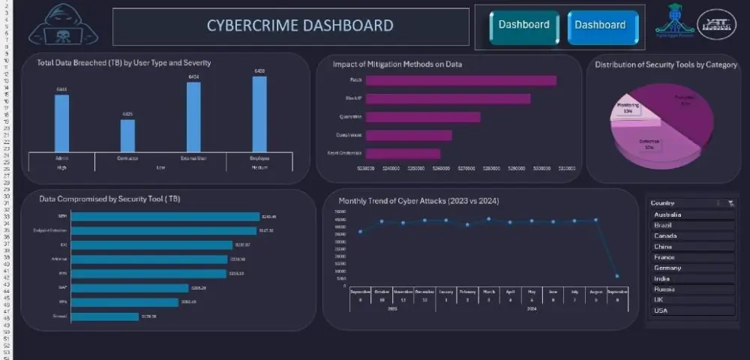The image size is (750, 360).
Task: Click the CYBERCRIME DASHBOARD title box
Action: pyautogui.click(x=299, y=26)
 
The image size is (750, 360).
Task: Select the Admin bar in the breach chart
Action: pyautogui.click(x=61, y=123)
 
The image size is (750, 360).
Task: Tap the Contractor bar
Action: pyautogui.click(x=127, y=135)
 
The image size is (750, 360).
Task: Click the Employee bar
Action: pyautogui.click(x=259, y=114)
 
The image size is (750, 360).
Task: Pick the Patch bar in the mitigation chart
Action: pyautogui.click(x=460, y=80)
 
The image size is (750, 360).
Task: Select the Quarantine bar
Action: pyautogui.click(x=422, y=117)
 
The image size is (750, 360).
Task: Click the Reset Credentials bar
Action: pyautogui.click(x=403, y=153)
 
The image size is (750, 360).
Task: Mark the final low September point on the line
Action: pyautogui.click(x=617, y=276)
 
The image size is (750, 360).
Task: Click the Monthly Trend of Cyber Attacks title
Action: pyautogui.click(x=418, y=201)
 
